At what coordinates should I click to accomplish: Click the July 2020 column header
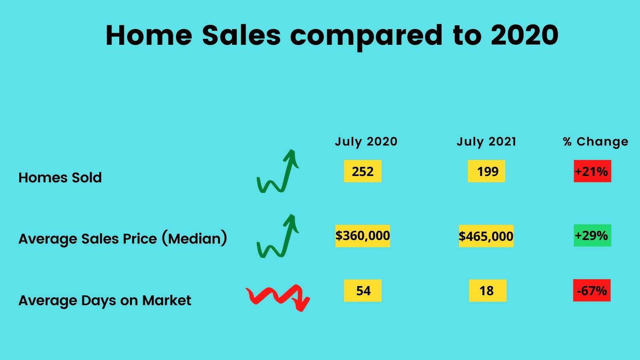(x=366, y=142)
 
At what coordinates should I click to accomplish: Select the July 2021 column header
(x=486, y=142)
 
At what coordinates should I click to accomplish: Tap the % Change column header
(x=596, y=142)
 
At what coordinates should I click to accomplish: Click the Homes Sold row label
(x=60, y=178)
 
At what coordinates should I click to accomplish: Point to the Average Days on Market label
(x=105, y=301)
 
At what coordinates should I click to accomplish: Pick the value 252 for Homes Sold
(x=362, y=171)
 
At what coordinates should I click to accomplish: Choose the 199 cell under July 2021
(x=486, y=171)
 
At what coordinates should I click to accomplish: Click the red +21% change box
(x=592, y=171)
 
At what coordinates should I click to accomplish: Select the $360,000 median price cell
(x=362, y=236)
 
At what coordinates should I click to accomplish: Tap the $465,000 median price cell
(x=486, y=236)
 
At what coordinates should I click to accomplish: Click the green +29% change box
(x=592, y=236)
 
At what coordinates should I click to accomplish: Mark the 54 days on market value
(x=362, y=290)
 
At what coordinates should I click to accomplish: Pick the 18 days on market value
(x=488, y=290)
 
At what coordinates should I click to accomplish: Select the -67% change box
(x=592, y=290)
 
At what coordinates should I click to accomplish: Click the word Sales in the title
(x=242, y=35)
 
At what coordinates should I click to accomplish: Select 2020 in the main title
(x=524, y=35)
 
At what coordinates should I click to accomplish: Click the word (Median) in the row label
(x=194, y=238)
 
